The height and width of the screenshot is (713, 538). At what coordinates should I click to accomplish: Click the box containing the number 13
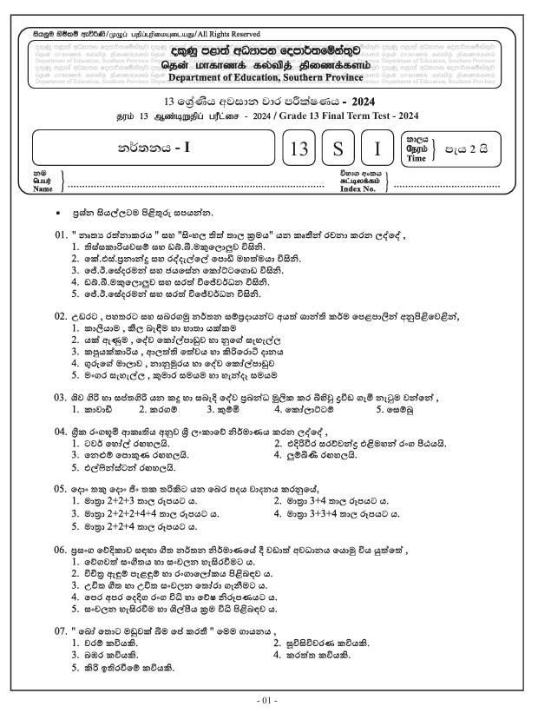click(299, 149)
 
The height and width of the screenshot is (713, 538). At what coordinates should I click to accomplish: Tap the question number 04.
click(62, 432)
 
